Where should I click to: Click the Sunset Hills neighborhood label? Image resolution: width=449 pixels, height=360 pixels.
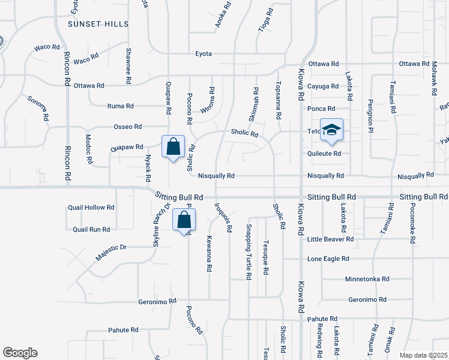pos(98,23)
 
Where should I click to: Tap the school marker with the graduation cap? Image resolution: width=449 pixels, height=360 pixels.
pos(331,131)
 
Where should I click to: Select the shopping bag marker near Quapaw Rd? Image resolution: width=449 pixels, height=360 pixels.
pos(173,146)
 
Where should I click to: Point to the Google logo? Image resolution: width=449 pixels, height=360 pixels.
pos(20,353)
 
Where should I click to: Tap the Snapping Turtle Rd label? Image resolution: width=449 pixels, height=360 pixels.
pos(248,252)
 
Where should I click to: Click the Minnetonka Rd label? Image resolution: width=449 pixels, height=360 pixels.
pos(367,279)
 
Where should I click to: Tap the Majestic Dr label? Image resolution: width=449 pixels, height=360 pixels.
pos(111,252)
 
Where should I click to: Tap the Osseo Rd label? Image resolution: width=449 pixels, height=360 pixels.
pos(127,127)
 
